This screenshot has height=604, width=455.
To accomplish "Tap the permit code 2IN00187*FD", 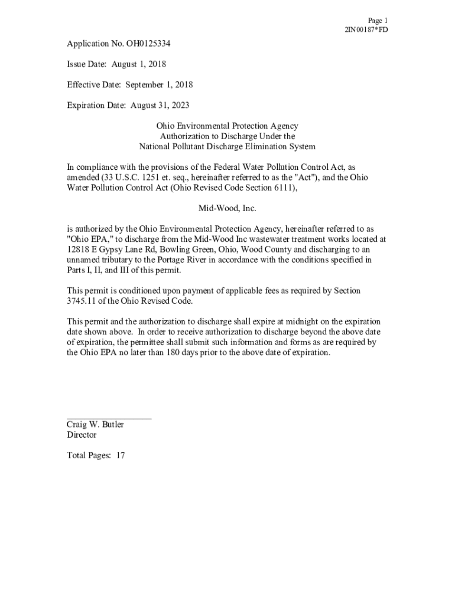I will tap(366, 29).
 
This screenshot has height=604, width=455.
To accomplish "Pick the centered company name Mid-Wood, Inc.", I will tap(227, 208).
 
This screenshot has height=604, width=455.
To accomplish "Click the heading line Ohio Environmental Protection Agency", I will tap(227, 126).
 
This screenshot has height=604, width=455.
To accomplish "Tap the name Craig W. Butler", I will tap(95, 424).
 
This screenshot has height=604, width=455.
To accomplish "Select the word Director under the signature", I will tap(82, 435).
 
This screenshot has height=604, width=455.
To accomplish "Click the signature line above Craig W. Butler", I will tap(109, 417).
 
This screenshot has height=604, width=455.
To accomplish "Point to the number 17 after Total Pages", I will tap(120, 455).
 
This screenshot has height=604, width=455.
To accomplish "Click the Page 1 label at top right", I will tap(378, 20).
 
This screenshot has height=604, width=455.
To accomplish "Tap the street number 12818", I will tap(79, 250).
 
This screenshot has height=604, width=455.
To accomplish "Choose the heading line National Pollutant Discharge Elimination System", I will tap(227, 146).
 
